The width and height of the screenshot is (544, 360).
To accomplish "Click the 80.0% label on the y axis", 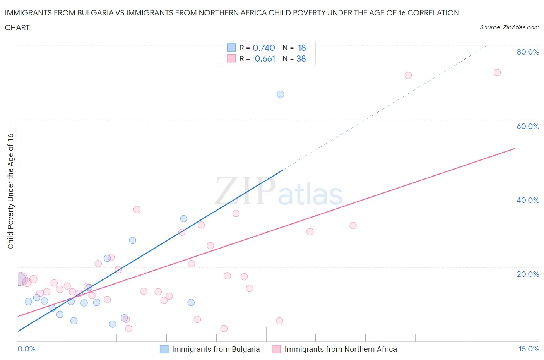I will (527, 52).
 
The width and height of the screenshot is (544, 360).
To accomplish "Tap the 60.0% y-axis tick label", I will (527, 126).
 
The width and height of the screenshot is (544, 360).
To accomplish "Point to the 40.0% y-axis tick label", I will (527, 200).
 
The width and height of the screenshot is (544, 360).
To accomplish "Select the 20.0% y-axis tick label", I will (527, 274).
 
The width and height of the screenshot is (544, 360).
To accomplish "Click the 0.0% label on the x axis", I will (26, 349).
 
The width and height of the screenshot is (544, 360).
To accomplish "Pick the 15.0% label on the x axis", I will (529, 349).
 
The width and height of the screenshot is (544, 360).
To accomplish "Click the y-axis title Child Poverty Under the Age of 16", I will (10, 191).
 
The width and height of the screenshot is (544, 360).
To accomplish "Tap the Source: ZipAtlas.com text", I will (509, 27).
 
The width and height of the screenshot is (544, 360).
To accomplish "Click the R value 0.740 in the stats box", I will (263, 48).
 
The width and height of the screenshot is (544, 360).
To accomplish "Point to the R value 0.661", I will (265, 58).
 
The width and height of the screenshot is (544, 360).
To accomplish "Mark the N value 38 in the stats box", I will (301, 58).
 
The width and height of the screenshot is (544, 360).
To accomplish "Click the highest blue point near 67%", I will (281, 94).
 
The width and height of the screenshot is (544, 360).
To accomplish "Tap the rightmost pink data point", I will (497, 73).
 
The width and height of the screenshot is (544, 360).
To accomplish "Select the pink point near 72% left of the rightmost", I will (408, 75).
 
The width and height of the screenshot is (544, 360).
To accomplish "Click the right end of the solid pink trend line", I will (515, 149).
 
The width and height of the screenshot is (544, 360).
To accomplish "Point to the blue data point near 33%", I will (184, 219).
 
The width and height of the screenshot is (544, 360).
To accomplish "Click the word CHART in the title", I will (17, 27).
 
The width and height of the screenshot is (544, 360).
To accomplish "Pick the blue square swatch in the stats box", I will (231, 48).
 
